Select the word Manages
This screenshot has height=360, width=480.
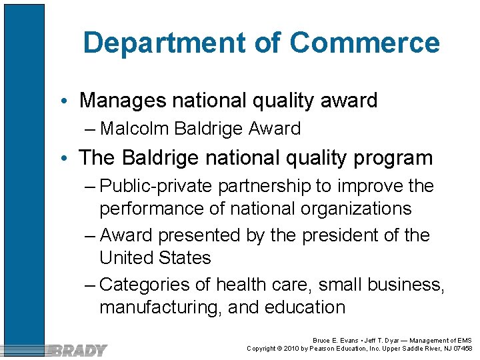coord(123,101)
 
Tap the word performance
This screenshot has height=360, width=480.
coord(151,209)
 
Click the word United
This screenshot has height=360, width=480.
coord(125,258)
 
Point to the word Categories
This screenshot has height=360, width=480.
coord(146,285)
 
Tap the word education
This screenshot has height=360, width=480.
coord(305,307)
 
